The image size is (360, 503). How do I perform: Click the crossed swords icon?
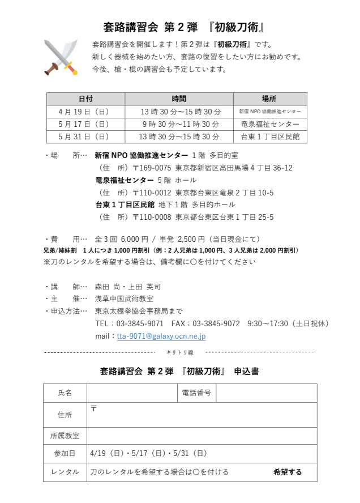[61, 57]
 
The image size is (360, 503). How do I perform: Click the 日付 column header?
[85, 99]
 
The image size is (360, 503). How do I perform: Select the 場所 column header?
[270, 99]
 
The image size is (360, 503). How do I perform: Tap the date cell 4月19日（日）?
[85, 112]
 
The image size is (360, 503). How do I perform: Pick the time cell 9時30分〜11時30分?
[179, 124]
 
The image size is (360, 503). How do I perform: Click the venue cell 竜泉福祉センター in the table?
[270, 124]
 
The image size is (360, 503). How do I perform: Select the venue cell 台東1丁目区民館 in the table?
[270, 137]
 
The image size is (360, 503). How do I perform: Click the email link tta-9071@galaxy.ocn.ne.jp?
[161, 336]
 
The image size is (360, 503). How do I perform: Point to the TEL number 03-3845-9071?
[140, 323]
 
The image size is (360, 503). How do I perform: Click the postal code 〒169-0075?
[152, 168]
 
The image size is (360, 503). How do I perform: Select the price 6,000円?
[135, 239]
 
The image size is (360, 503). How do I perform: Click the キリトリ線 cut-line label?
[179, 352]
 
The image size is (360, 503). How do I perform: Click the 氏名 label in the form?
[65, 393]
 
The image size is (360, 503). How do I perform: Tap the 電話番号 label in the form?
[196, 393]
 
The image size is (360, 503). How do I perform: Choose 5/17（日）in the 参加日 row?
[148, 453]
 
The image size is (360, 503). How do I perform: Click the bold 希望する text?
[288, 472]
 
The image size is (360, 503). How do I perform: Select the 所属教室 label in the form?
[65, 436]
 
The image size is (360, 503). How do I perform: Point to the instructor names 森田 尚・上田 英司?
[127, 287]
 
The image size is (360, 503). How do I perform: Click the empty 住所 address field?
[202, 415]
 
